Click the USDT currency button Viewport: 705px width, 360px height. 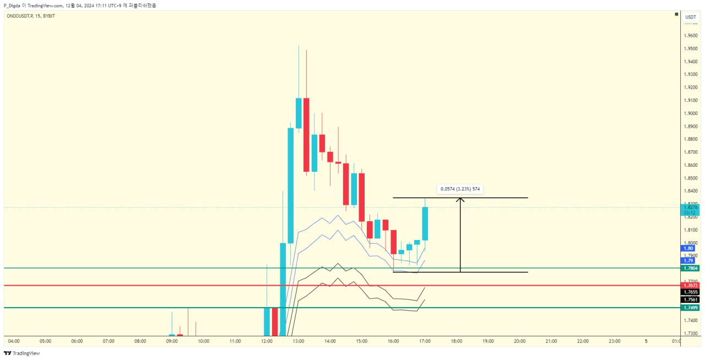[690, 17]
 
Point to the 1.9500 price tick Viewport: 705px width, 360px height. [692, 48]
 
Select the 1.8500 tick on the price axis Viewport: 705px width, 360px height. [692, 178]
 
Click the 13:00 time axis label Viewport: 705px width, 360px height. [299, 341]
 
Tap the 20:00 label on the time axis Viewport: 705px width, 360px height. [519, 341]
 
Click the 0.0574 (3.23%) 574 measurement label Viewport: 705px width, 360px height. [460, 189]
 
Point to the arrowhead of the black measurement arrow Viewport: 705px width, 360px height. [460, 199]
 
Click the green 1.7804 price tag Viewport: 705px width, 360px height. [690, 268]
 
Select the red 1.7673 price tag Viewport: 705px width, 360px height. [690, 286]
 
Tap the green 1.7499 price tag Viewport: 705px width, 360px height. [690, 308]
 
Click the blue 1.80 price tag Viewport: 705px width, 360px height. [688, 248]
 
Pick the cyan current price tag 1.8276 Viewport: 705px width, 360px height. [690, 208]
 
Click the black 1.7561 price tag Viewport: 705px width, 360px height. [690, 299]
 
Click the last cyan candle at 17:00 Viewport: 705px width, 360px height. [425, 223]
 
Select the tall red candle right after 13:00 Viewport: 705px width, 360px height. [306, 135]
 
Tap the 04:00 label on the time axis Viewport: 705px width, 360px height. [14, 341]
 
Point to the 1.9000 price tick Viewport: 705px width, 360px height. [692, 113]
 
